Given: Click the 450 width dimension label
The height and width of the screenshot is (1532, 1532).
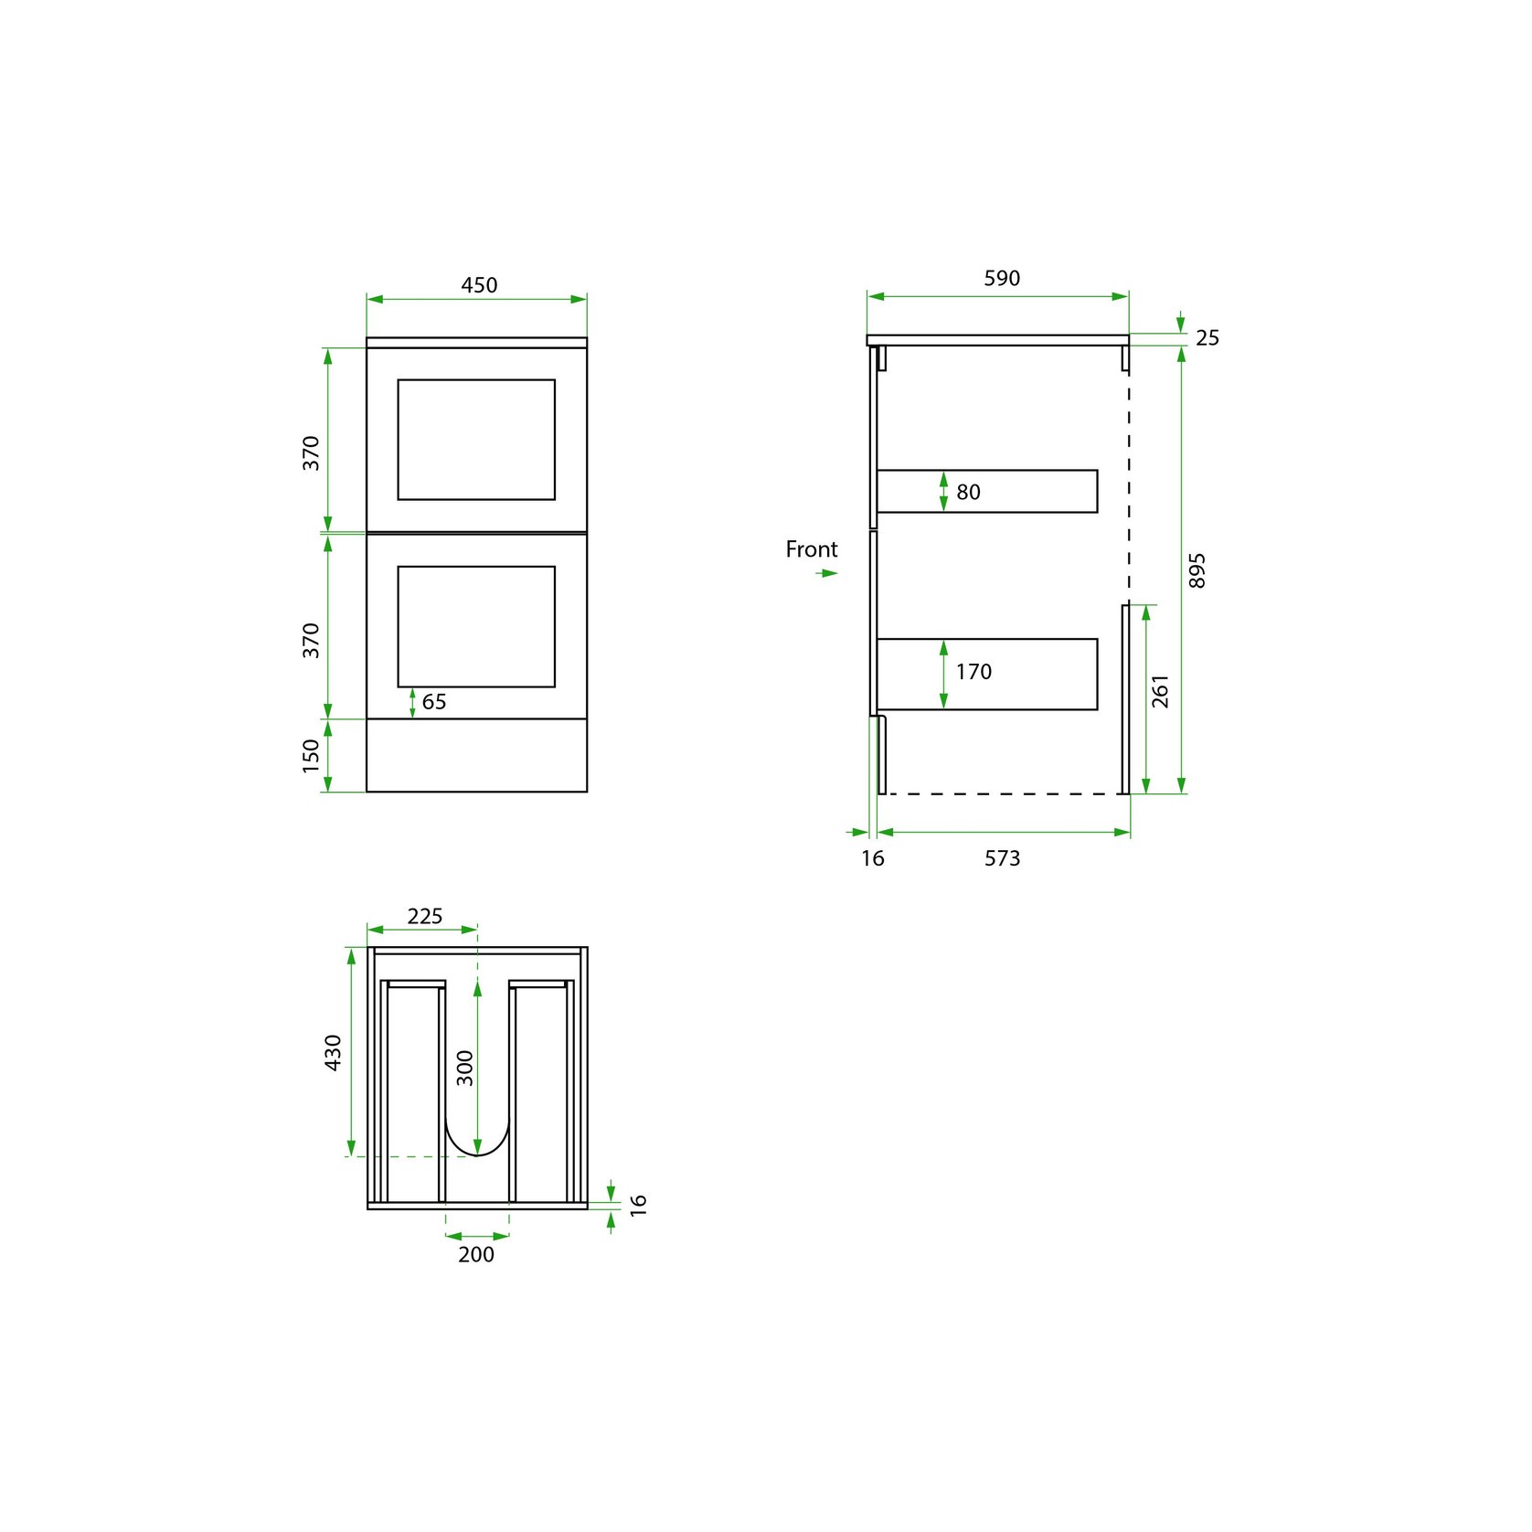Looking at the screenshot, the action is coord(479,285).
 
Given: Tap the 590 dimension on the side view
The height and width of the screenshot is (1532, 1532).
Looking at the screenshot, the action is coord(1002,278).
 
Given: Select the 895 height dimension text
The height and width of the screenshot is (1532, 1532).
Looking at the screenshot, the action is coord(1197,570).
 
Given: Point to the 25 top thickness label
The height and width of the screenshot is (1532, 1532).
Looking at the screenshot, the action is coord(1208,338).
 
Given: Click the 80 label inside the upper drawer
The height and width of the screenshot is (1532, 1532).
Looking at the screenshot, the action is coord(968,493).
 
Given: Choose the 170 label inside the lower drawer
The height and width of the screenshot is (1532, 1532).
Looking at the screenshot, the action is coord(973,672).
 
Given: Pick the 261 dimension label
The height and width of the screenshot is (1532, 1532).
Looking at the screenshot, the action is coord(1160,691).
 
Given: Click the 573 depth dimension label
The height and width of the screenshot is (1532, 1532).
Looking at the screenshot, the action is coord(1002,858).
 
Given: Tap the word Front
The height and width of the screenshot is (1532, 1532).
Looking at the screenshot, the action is coord(812,549).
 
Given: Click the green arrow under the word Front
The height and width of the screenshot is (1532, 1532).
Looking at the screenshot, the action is coord(827,573).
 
